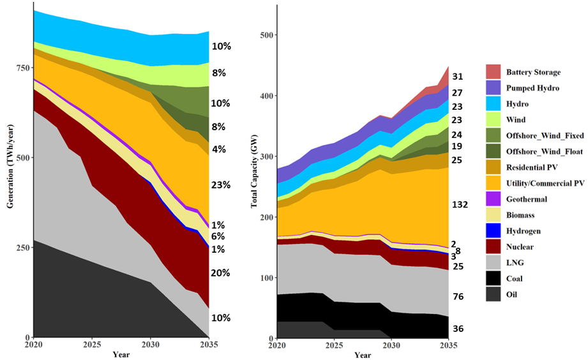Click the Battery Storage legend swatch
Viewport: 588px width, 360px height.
point(492,71)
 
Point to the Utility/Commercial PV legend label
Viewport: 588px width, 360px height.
point(545,183)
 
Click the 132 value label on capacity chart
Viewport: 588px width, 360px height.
point(460,205)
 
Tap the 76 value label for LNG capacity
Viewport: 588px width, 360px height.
point(458,297)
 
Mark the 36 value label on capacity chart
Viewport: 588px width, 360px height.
point(458,329)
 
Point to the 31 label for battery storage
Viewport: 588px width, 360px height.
point(458,77)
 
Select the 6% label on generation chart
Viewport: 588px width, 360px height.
point(217,236)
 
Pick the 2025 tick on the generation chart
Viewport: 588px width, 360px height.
point(92,345)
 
